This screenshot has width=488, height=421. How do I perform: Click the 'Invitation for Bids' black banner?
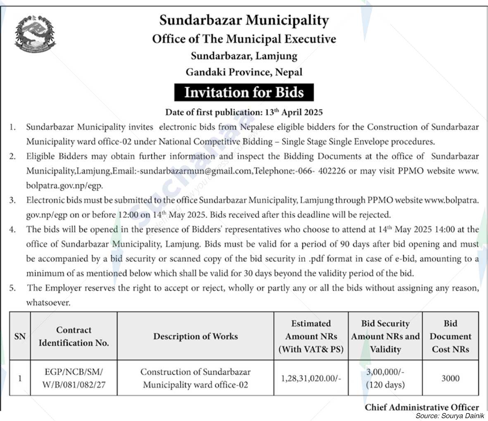click(x=244, y=92)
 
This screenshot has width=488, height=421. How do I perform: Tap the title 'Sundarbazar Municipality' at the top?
click(x=244, y=20)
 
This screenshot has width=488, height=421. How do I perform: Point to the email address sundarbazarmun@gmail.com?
click(x=196, y=171)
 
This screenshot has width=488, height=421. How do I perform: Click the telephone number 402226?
click(x=331, y=171)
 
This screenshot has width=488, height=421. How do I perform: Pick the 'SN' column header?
click(x=20, y=336)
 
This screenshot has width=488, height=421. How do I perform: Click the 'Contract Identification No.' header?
click(x=74, y=336)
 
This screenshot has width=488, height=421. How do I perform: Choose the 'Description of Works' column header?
click(x=195, y=336)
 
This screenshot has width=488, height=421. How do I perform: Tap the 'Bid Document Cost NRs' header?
click(x=450, y=336)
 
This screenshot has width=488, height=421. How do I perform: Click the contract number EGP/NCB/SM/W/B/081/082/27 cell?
click(x=74, y=378)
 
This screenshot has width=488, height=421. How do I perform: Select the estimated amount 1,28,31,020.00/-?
click(x=311, y=378)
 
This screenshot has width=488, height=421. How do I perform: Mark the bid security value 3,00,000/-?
click(x=385, y=372)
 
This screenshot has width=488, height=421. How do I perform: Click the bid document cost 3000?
click(x=450, y=378)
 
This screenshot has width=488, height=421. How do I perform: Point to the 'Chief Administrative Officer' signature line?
click(x=421, y=407)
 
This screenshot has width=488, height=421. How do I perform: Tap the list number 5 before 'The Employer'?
click(x=13, y=288)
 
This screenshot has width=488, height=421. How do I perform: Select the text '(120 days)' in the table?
click(x=385, y=385)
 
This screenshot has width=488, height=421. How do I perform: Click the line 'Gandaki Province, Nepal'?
click(x=244, y=72)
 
